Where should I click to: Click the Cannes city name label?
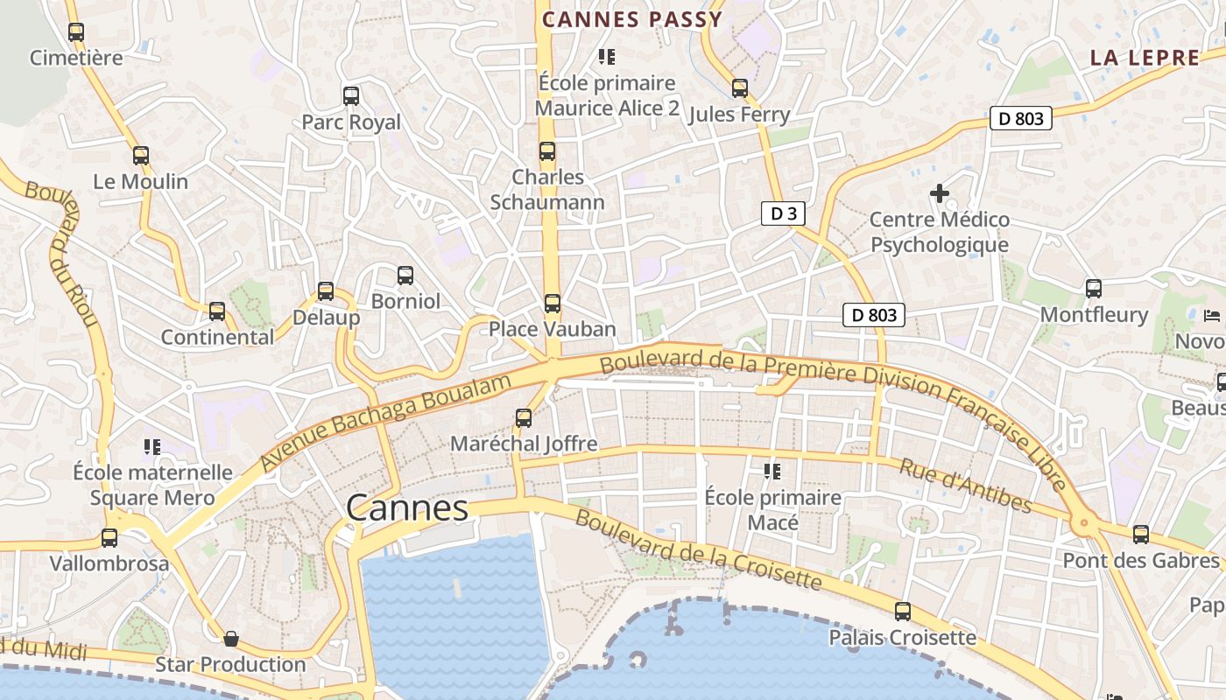[x=407, y=507]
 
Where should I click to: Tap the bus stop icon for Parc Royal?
[x=351, y=96]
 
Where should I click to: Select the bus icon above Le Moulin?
[x=141, y=156]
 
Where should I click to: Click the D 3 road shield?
[x=782, y=213]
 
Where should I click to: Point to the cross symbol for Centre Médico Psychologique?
[x=940, y=192]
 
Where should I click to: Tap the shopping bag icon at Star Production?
[x=231, y=639]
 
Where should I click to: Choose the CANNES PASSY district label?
[x=632, y=19]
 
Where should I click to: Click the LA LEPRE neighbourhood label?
[x=1145, y=59]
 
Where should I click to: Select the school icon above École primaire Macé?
[x=772, y=472]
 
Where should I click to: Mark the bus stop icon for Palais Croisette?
[x=903, y=612]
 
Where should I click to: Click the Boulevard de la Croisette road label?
[x=698, y=549]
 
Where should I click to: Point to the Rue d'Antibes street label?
[x=965, y=486]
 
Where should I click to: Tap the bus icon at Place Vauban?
[x=553, y=304]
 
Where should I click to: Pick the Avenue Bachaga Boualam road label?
[x=385, y=423]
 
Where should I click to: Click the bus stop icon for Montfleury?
[x=1094, y=289]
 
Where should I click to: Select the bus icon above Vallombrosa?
[x=109, y=537]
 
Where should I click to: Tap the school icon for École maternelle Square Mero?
[x=152, y=447]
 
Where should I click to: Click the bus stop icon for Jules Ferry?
[x=740, y=88]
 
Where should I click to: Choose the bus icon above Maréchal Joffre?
[x=524, y=418]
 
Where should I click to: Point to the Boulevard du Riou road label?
[x=63, y=254]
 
